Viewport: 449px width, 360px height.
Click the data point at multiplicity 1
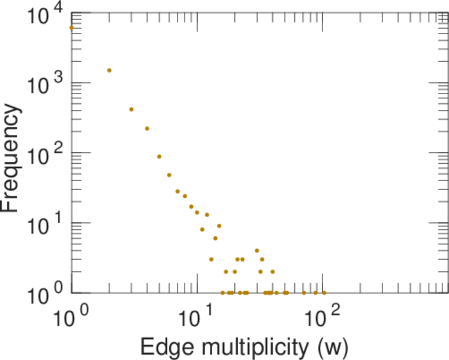click(x=71, y=28)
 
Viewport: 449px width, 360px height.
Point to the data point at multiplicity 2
click(x=109, y=70)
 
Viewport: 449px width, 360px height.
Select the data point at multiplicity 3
click(x=131, y=109)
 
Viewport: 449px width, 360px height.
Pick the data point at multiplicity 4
click(x=147, y=128)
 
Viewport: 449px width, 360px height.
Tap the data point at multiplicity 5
click(x=159, y=157)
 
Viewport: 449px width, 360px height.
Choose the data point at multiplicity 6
click(x=169, y=175)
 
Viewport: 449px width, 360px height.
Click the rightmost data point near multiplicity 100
click(x=324, y=293)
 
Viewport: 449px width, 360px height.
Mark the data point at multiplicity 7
click(x=177, y=191)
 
